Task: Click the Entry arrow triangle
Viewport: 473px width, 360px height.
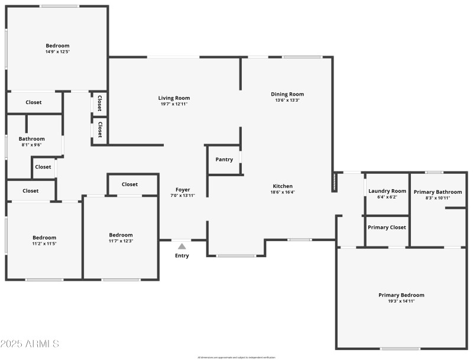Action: tap(182, 247)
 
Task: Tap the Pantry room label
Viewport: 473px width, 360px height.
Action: tap(224, 160)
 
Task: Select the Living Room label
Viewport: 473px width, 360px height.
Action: tap(174, 98)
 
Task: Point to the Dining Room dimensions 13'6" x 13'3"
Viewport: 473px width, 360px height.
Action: tap(287, 100)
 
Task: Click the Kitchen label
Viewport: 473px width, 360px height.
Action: tap(283, 186)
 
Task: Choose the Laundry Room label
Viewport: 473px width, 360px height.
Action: tap(387, 191)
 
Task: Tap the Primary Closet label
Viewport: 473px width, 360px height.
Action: tap(387, 228)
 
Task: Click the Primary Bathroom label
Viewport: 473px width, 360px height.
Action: tap(438, 192)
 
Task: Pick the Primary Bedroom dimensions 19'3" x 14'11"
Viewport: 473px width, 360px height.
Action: tap(401, 301)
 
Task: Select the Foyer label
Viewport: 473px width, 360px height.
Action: tap(182, 190)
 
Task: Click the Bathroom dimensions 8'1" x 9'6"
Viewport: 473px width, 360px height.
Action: tap(32, 145)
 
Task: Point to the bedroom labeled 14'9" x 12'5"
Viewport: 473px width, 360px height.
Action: tap(57, 46)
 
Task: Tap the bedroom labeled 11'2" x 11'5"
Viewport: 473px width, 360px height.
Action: tap(44, 238)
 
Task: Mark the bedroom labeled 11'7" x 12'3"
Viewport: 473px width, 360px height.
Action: tap(121, 235)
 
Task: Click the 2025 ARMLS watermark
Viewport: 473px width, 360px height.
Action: tap(30, 343)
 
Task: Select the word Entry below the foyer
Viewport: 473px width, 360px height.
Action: tap(182, 256)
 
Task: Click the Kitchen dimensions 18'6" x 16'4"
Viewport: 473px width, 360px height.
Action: tap(283, 192)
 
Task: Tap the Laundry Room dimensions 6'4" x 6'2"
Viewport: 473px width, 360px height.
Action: tap(387, 197)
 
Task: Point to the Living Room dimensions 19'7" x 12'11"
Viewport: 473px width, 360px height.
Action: tap(174, 104)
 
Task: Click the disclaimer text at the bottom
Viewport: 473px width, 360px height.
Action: tap(237, 357)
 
